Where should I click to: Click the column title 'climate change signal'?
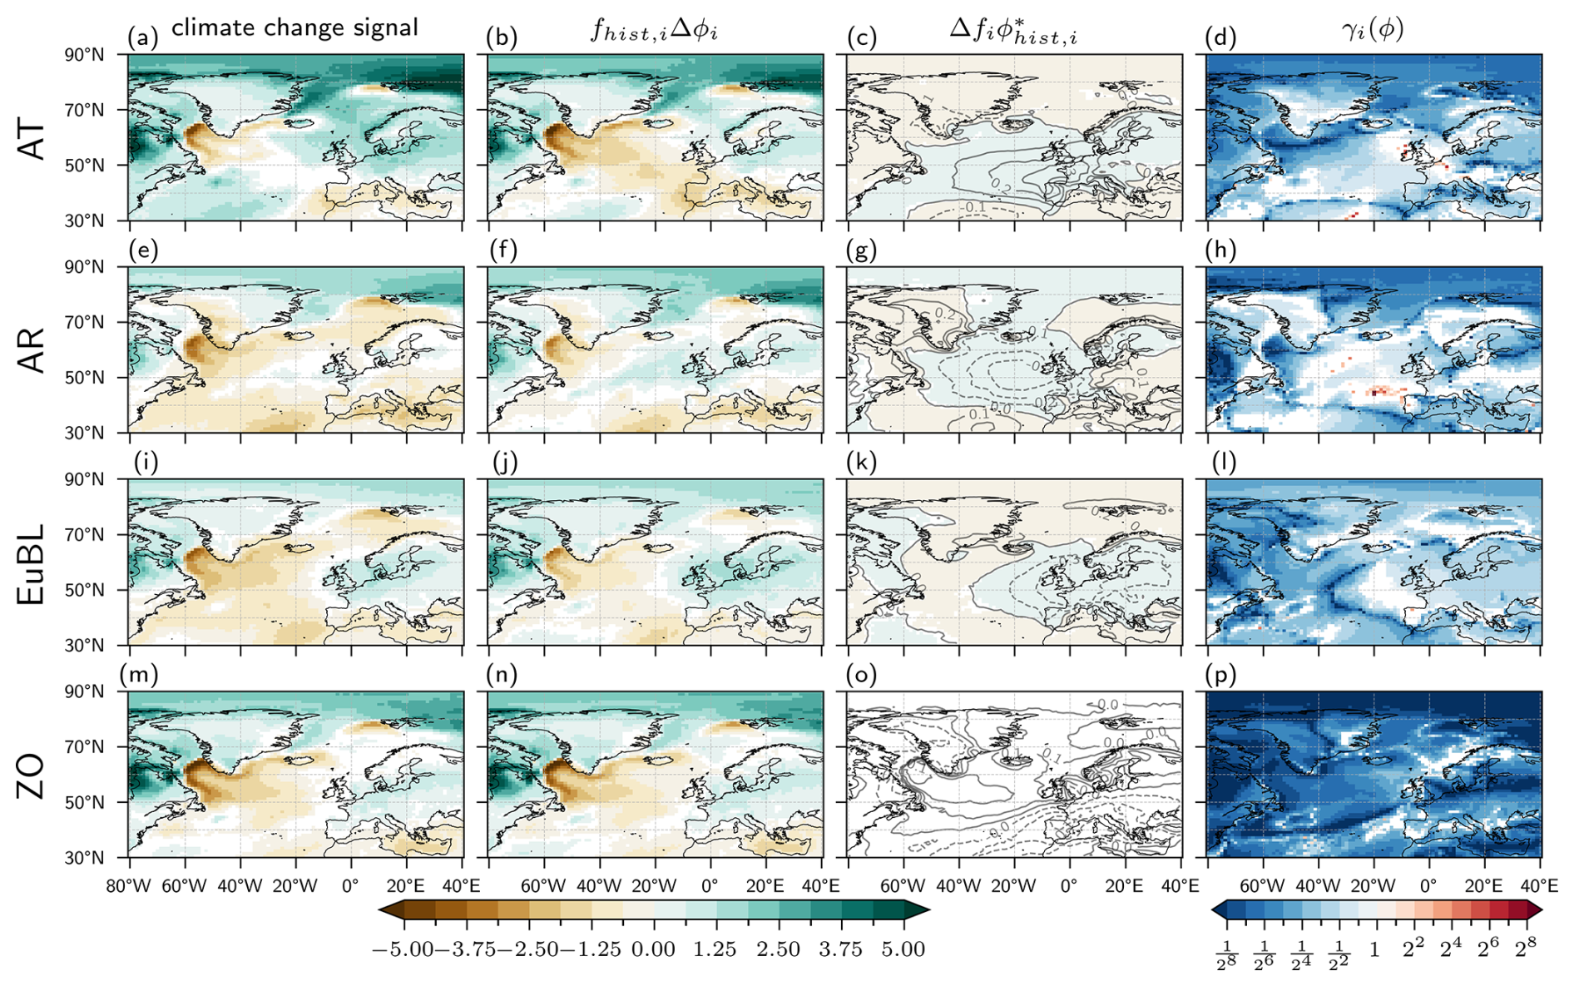coord(295,27)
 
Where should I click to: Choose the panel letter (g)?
coord(860,250)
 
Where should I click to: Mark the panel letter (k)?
coord(860,462)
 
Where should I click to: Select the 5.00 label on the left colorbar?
coord(903,949)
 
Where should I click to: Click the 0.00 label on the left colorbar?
coord(653,949)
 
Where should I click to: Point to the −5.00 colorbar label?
coord(403,949)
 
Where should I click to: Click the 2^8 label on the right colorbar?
coord(1525,949)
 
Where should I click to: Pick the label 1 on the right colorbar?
coord(1374,949)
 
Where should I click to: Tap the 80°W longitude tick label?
coord(128,885)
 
